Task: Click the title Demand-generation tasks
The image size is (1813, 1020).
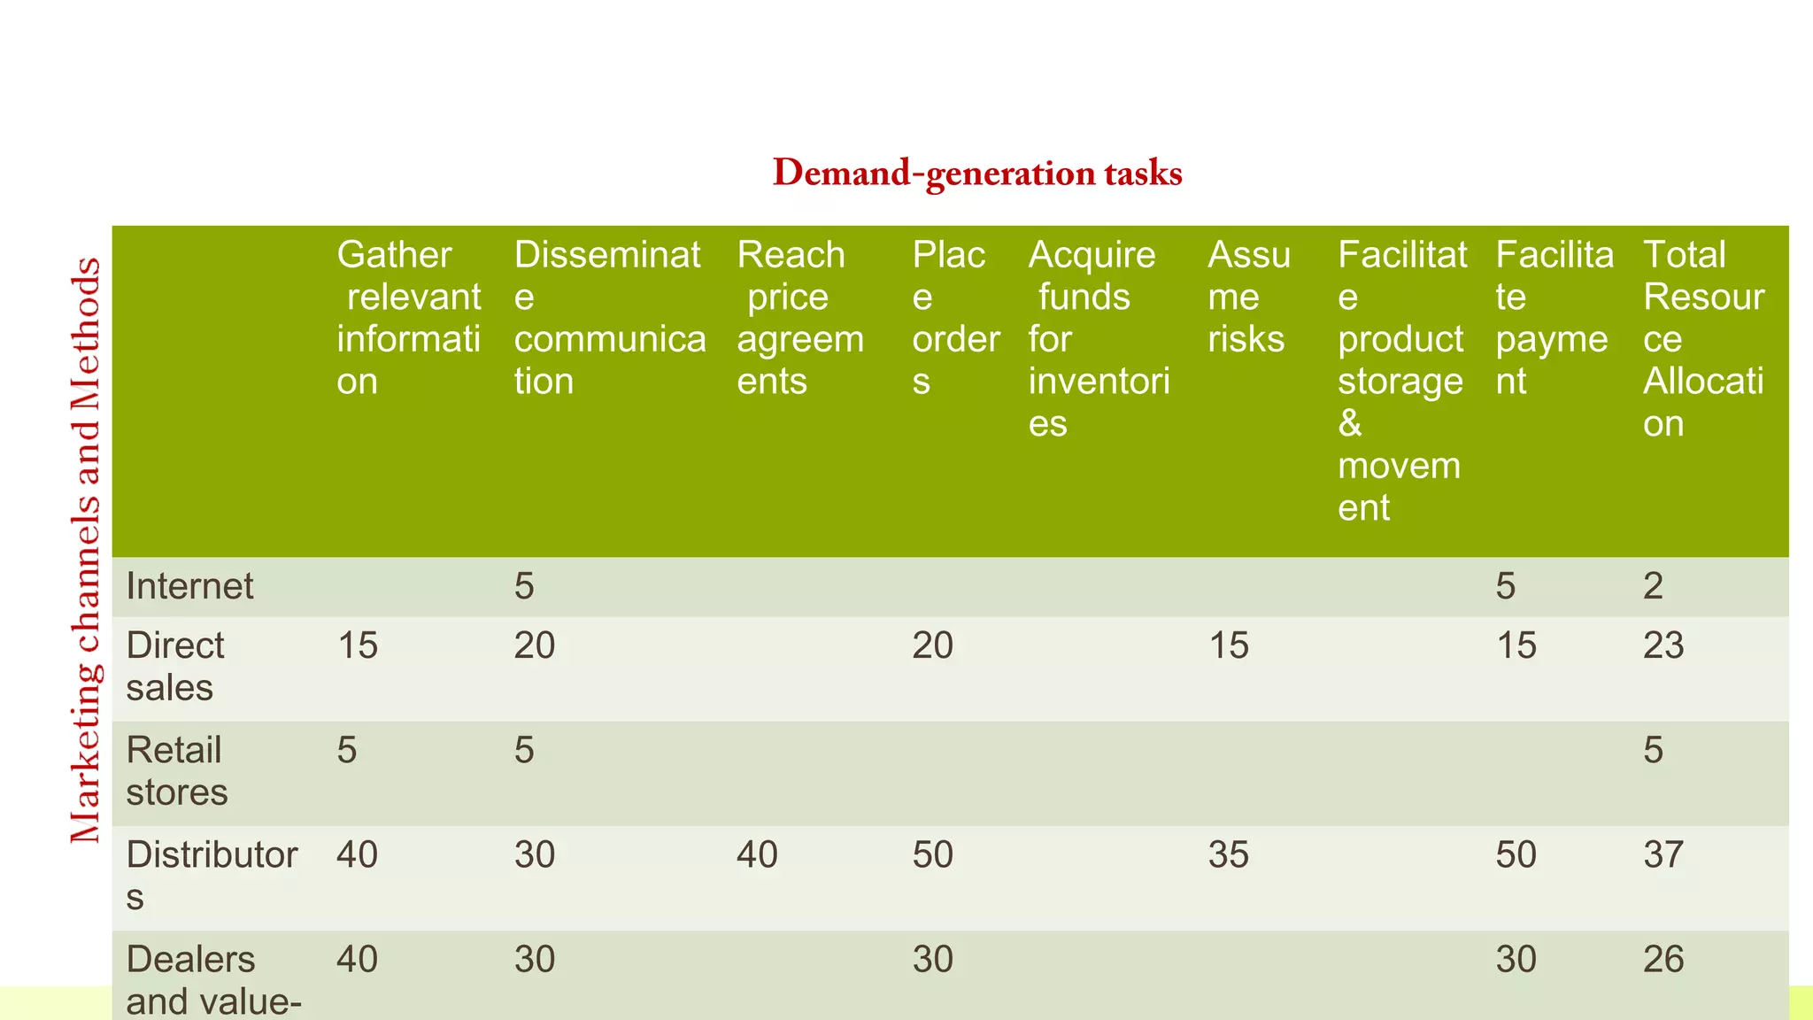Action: tap(977, 173)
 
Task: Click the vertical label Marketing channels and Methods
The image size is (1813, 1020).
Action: tap(86, 550)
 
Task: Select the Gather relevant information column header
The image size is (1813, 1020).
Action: tap(408, 317)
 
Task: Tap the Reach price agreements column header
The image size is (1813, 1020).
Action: tap(799, 317)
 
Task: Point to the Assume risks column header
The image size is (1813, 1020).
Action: tap(1248, 297)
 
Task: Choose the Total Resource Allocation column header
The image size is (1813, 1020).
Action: tap(1703, 338)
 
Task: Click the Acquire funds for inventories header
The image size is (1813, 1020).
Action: tap(1099, 338)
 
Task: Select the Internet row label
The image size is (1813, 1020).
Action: tap(189, 586)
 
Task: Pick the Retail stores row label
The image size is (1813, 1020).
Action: tap(176, 771)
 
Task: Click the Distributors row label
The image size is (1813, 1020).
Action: tap(211, 875)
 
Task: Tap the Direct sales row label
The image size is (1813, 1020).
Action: tap(174, 667)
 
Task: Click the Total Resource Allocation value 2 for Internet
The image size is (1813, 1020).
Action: tap(1653, 586)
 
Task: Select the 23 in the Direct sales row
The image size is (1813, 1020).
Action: tap(1663, 645)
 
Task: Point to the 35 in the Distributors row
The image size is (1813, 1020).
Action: tap(1228, 855)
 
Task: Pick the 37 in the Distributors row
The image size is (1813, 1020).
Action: tap(1663, 855)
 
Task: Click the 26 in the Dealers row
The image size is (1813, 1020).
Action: tap(1663, 960)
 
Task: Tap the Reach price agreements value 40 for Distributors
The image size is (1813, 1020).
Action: tap(757, 855)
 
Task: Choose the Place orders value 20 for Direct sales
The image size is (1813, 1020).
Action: tap(932, 645)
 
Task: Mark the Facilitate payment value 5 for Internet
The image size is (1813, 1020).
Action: tap(1505, 586)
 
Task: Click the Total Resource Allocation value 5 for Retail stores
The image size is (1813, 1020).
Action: tap(1653, 751)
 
